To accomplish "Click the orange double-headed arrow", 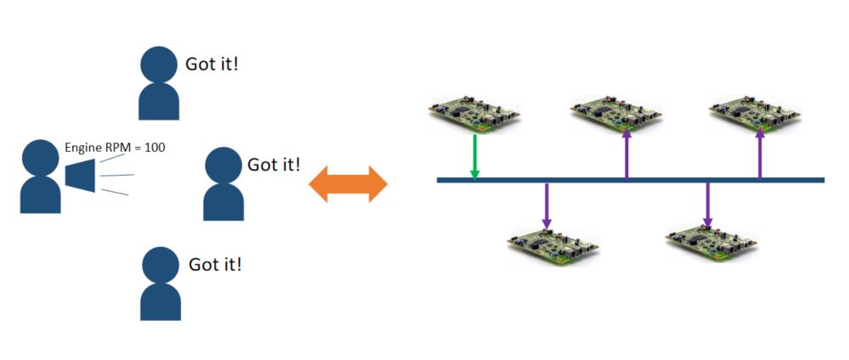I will [x=347, y=183].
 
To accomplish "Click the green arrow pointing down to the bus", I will [x=475, y=156].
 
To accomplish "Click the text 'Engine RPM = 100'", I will [x=115, y=148].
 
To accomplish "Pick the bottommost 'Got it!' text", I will [x=215, y=264].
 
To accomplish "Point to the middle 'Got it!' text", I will [x=273, y=164].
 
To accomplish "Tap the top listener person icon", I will [x=160, y=83].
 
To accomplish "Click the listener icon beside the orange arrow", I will [x=223, y=184].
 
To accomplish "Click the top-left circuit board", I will [x=474, y=114].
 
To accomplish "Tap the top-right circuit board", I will [x=754, y=114].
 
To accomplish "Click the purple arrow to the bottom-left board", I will [x=547, y=205].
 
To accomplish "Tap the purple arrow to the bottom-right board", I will [x=707, y=205].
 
